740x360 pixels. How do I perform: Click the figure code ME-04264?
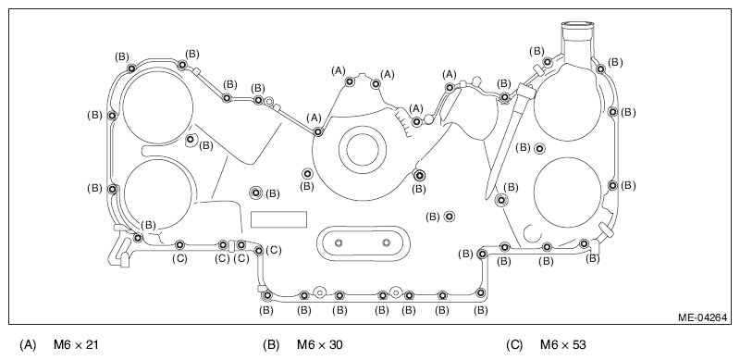coord(702,317)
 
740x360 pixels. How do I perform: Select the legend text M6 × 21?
coord(76,345)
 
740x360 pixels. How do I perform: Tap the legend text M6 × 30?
coord(319,345)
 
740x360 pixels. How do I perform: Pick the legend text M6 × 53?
coord(563,345)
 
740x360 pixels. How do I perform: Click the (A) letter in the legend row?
coord(28,345)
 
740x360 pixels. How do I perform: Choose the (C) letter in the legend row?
coord(514,345)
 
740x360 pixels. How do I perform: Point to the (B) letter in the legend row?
coord(271,345)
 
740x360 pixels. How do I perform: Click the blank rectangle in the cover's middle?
coord(278,219)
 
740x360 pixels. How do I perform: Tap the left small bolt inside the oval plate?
coord(339,242)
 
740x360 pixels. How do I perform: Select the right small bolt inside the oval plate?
coord(387,242)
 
